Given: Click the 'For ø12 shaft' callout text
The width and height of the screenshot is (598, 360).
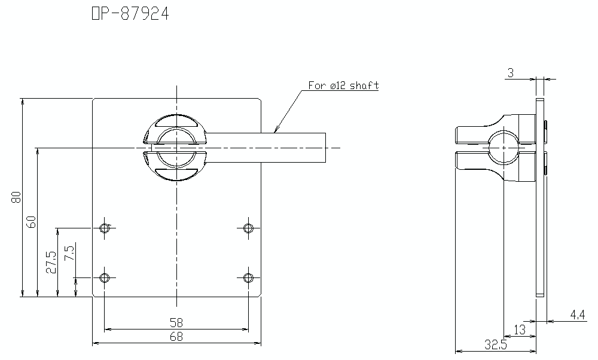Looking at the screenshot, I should pos(343,86).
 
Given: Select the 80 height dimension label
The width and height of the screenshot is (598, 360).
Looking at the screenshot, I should pos(16,197).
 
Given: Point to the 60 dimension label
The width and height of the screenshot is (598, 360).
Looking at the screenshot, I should pos(32,221).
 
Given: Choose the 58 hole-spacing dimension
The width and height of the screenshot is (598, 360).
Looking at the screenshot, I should pos(176,322).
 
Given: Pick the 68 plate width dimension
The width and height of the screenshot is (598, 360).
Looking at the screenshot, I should pos(176,337).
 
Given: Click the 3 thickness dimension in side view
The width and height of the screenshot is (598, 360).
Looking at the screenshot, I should pos(510,73).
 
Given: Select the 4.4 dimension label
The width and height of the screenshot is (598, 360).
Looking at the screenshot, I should pos(577,314).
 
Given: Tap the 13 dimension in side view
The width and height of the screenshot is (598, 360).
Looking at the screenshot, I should pos(520,329).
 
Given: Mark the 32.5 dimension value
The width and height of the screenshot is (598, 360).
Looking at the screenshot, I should pos(496,344).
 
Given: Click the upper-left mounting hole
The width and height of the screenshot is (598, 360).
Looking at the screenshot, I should pos(105,227).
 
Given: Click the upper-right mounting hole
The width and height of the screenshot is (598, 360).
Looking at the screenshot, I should pos(248,227).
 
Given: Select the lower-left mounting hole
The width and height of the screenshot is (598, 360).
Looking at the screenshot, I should pos(105,277).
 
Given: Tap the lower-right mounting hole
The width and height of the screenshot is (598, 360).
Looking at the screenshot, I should pos(248,277).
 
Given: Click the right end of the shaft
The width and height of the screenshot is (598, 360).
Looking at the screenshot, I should pos(327,147).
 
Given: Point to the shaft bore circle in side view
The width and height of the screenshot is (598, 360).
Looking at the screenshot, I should pos(504,147).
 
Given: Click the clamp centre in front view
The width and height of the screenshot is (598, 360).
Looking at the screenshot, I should pos(176,147).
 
